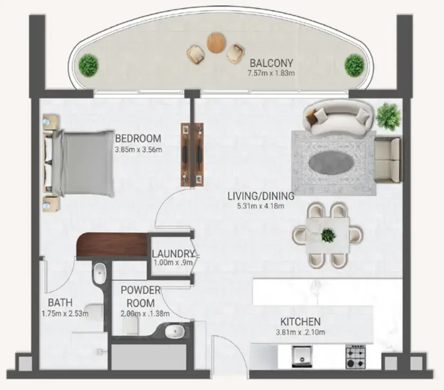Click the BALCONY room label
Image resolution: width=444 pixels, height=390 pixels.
(x=272, y=63)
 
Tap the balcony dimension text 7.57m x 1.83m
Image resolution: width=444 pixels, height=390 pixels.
(x=272, y=73)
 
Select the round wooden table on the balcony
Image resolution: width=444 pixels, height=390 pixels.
(x=216, y=43)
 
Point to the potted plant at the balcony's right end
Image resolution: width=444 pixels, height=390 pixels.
(x=354, y=65)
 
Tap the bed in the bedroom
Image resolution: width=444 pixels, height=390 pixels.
(x=81, y=163)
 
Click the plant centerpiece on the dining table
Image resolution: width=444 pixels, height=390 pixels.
(x=328, y=235)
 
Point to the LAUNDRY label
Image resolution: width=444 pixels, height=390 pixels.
(x=172, y=254)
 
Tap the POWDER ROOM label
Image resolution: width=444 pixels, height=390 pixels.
(x=137, y=297)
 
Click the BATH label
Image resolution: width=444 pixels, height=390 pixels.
(x=60, y=302)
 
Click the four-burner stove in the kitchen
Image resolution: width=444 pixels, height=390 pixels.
(x=357, y=357)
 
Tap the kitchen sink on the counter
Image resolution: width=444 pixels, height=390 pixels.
(x=300, y=357)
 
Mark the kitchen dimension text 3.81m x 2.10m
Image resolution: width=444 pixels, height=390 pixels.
(x=300, y=332)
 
